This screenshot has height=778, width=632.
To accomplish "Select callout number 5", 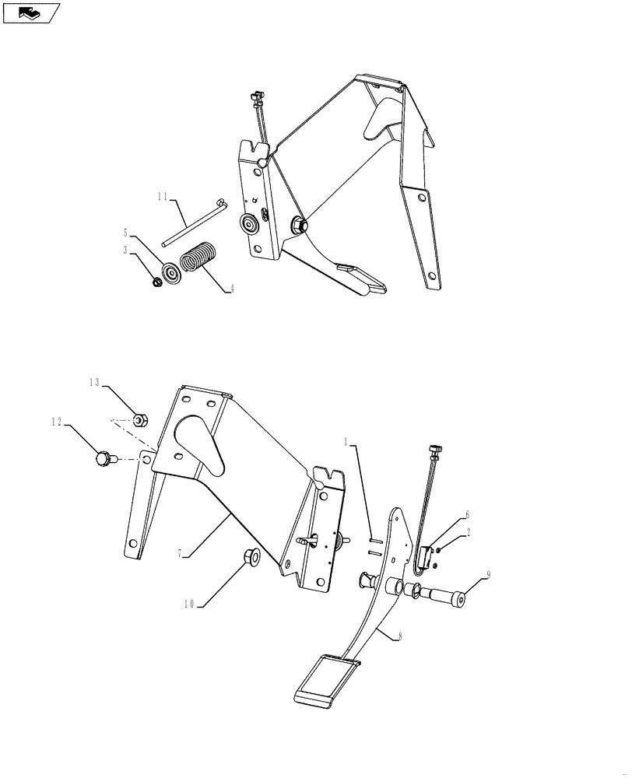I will [x=125, y=231].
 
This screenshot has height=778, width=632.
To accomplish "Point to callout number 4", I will [x=231, y=289].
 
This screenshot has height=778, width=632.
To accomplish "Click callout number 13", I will [x=93, y=382].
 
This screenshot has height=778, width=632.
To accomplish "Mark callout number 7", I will [x=180, y=553].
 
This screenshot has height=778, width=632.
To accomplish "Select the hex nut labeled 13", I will [x=139, y=421].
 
